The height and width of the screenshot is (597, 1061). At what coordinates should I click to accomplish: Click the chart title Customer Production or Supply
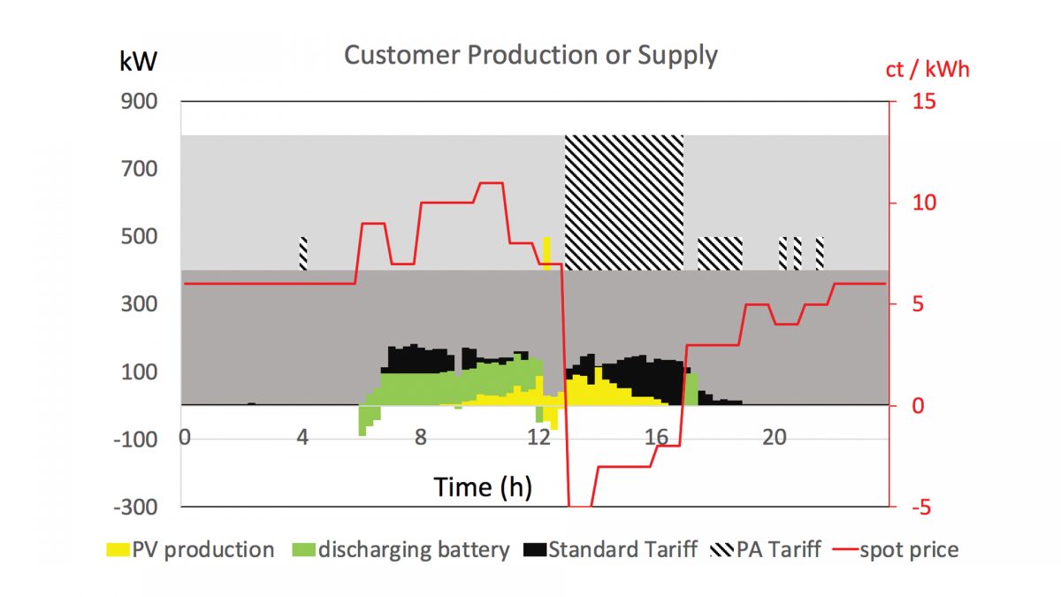[530, 55]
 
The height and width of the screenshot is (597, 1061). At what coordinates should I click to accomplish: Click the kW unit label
[139, 61]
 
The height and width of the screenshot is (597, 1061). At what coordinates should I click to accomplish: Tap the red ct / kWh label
[927, 69]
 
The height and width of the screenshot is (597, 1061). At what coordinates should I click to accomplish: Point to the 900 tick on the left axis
[139, 102]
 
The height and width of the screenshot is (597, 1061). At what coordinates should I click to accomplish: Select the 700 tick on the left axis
[139, 169]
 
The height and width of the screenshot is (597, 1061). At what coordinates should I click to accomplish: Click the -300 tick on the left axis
[134, 507]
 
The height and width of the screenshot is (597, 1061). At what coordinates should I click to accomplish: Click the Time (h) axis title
[482, 486]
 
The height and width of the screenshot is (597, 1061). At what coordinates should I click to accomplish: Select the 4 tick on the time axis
[302, 438]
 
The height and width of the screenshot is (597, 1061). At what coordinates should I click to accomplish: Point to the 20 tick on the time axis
[775, 438]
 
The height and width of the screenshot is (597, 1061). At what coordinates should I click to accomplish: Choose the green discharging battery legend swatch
[303, 550]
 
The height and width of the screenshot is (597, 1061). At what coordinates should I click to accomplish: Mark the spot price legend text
[909, 550]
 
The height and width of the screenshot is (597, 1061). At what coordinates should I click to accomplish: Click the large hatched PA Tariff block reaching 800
[624, 203]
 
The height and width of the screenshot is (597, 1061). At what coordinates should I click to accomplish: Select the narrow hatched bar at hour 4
[303, 253]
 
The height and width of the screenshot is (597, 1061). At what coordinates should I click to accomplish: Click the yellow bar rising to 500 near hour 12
[546, 253]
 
